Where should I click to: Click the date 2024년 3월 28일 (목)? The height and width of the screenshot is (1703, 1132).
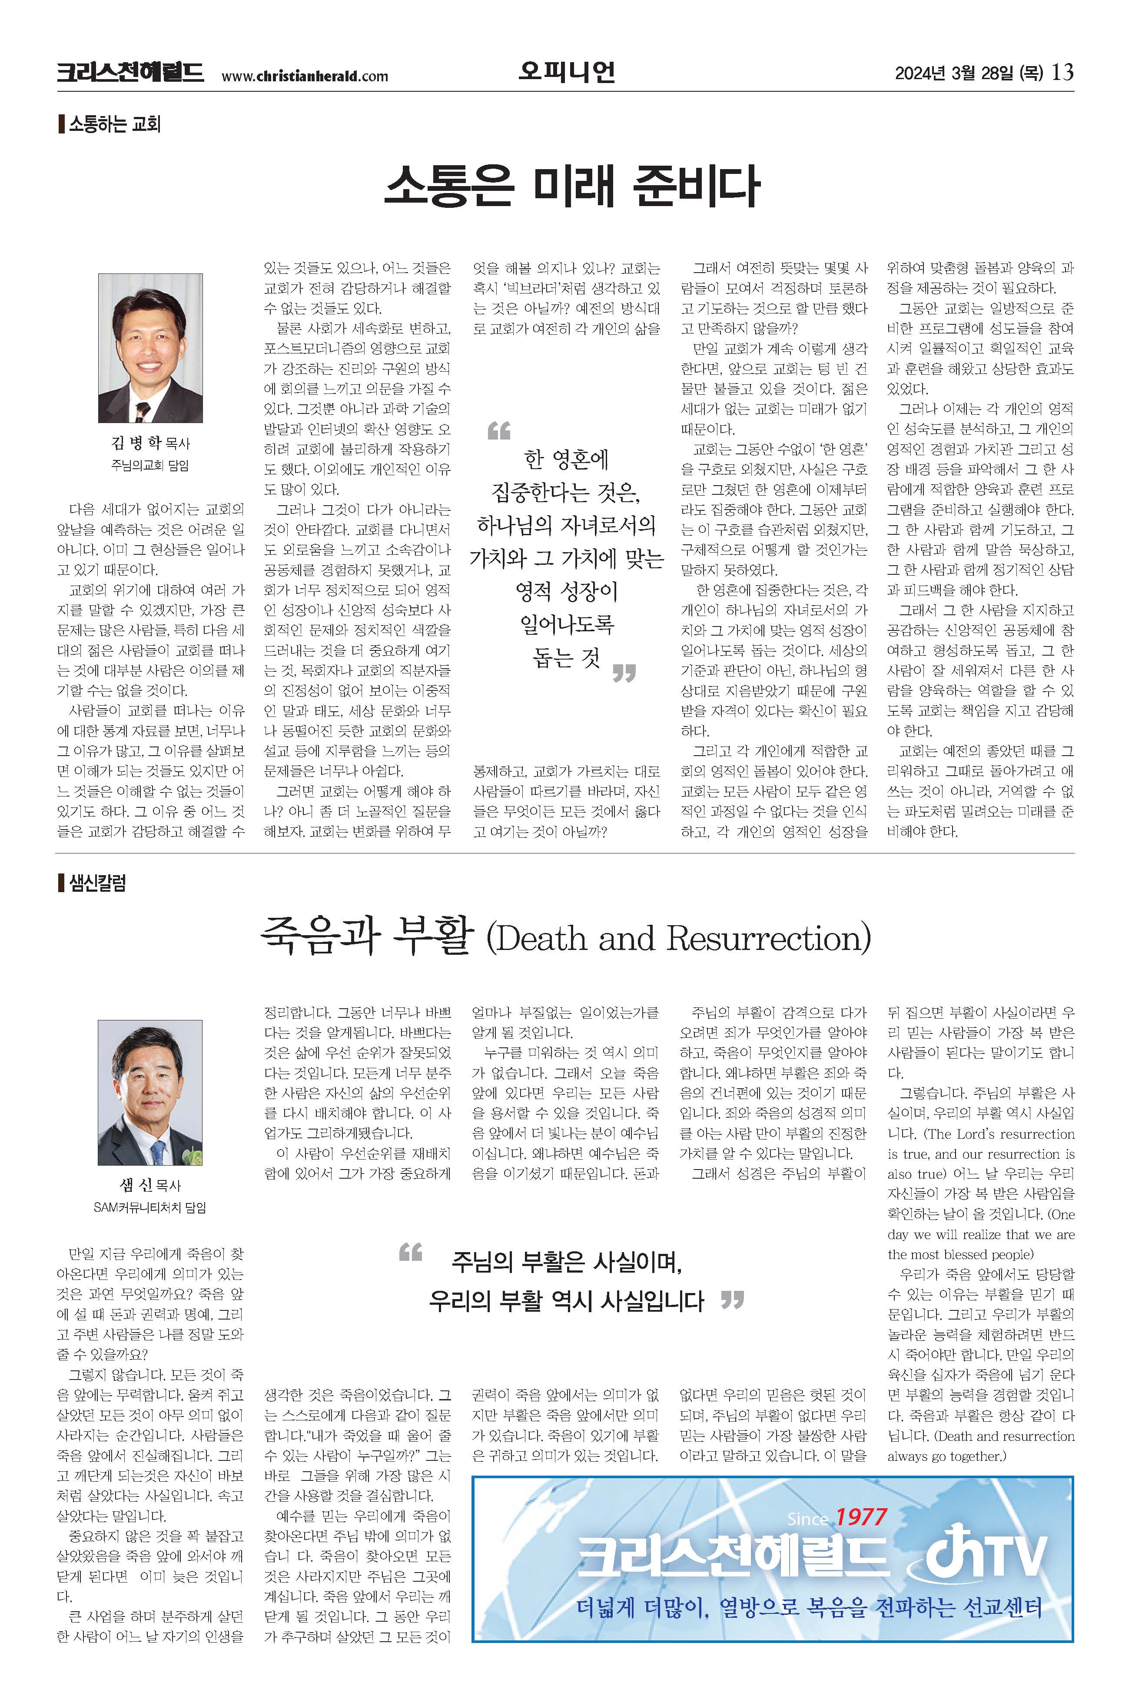[x=969, y=73]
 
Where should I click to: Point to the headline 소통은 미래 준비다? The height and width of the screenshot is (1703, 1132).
[x=571, y=186]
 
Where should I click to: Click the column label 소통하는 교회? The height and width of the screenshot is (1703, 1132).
[x=114, y=124]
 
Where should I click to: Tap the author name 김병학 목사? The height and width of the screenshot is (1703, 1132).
[x=150, y=442]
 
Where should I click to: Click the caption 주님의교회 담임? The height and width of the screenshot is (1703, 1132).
[x=150, y=465]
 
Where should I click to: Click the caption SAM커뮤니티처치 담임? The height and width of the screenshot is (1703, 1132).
[x=150, y=1207]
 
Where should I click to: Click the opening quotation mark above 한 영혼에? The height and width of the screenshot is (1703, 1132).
[x=499, y=431]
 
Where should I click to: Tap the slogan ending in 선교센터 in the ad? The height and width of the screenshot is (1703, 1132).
[x=809, y=1608]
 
